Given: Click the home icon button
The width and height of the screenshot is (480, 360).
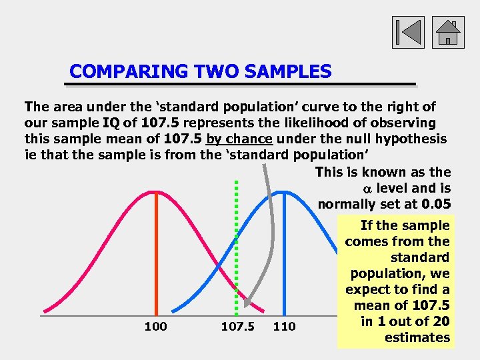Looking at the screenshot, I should tap(448, 32).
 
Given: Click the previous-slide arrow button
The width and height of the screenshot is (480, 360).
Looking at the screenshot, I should tap(407, 32).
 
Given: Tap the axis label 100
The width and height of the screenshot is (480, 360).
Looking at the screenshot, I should tap(155, 327).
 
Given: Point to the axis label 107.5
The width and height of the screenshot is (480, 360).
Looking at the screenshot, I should tap(237, 327).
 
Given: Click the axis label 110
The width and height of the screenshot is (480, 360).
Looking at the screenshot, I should tap(285, 327).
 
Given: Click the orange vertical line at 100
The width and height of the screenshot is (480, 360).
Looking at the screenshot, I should tap(156, 253).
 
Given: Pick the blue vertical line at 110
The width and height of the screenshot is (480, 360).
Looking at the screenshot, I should tap(285, 253).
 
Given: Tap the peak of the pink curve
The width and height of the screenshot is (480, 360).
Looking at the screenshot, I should tap(156, 192).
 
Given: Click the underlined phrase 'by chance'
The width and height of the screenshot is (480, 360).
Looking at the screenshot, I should tap(239, 139).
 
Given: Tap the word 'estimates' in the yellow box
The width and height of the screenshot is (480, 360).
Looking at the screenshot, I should tap(417, 337).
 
